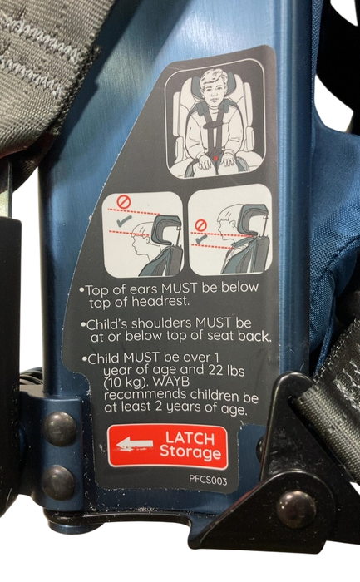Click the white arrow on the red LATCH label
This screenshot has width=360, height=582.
tap(134, 446)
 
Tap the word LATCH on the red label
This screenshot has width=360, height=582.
tap(190, 437)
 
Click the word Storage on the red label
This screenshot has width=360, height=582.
tap(190, 453)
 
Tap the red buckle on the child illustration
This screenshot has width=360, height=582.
tap(218, 155)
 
